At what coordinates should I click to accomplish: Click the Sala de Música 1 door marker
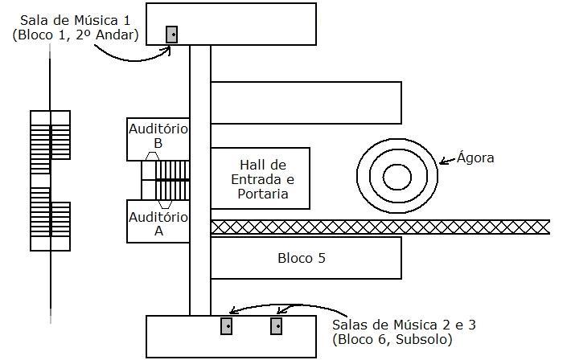pos(171,35)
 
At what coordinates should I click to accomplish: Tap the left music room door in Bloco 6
pos(227,325)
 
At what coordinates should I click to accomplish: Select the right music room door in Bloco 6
pos(277,325)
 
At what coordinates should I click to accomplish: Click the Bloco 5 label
pos(302,259)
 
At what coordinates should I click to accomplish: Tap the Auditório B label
pos(158,136)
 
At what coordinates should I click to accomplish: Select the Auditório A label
pos(158,223)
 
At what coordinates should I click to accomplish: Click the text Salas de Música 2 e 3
pos(404,325)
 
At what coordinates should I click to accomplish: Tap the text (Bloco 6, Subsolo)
pos(392,340)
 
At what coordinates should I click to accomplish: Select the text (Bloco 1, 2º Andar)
pos(76,35)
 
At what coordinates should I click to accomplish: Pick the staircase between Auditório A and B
pos(166,180)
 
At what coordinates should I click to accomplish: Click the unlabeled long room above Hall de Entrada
pos(306,102)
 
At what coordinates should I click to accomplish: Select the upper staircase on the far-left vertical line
pos(51,137)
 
